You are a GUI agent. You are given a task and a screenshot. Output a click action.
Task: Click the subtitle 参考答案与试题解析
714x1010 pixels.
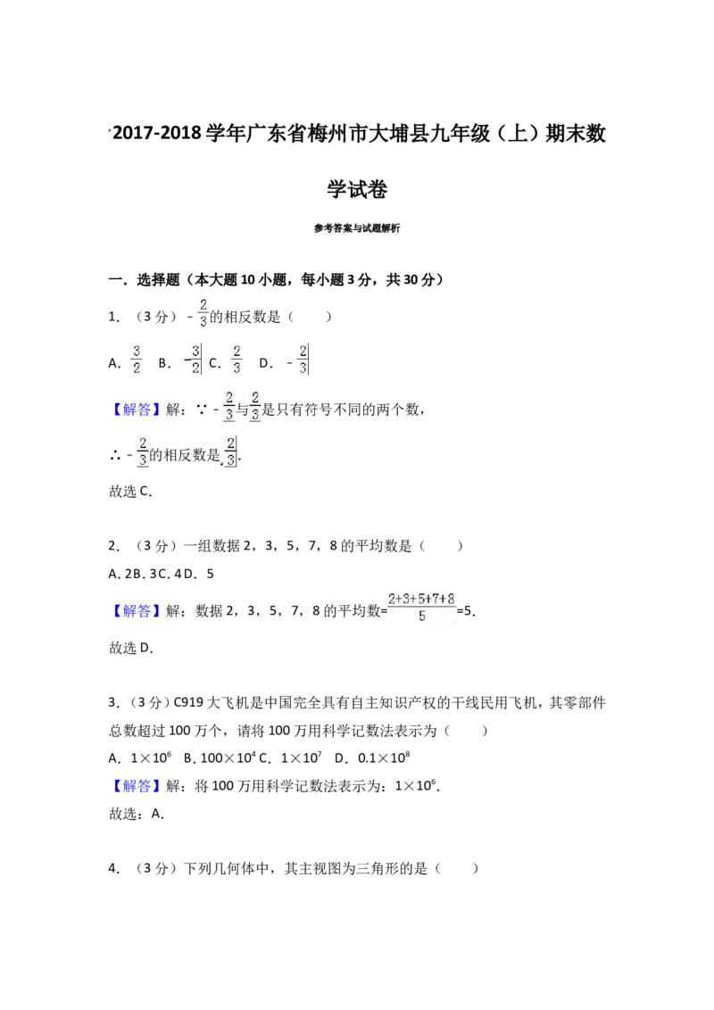tap(357, 228)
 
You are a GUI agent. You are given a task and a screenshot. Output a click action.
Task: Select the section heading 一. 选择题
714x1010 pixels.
tap(145, 279)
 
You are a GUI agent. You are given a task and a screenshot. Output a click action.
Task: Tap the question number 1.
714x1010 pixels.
tap(114, 317)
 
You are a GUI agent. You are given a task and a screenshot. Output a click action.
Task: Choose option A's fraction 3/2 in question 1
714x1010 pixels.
tap(136, 360)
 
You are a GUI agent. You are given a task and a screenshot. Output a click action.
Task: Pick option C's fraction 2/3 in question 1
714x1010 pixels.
tap(237, 360)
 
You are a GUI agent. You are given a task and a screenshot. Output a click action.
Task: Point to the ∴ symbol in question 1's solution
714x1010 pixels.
tap(115, 456)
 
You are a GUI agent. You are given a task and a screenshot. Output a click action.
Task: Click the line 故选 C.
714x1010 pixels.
tap(131, 492)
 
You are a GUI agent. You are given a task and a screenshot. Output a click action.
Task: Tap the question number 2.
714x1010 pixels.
tap(114, 546)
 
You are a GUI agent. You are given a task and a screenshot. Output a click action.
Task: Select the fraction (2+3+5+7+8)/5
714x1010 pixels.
tap(422, 607)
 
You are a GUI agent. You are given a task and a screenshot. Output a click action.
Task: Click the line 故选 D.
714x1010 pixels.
tap(131, 648)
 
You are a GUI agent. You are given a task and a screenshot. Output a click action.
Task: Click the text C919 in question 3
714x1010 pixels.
tap(189, 703)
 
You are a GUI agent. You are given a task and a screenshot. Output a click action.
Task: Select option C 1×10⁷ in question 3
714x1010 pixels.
tap(291, 758)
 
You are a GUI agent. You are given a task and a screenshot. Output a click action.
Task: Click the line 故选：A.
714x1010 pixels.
tap(137, 815)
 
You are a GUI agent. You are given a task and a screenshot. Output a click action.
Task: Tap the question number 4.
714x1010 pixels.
tap(114, 869)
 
